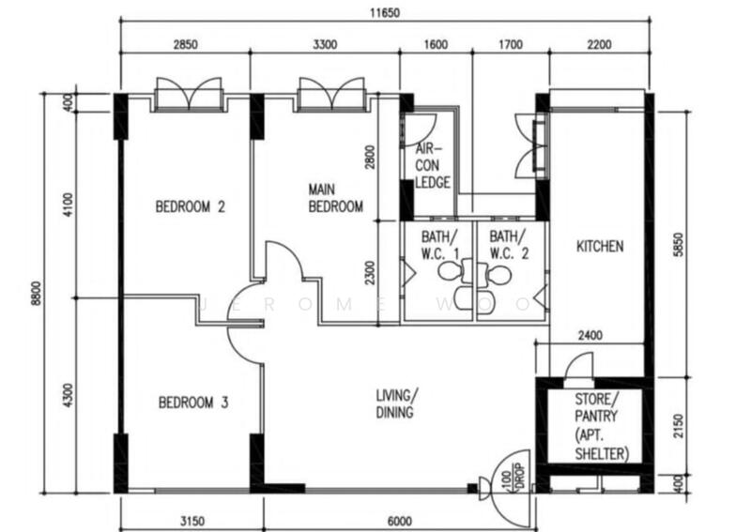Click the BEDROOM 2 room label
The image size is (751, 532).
coord(190,207)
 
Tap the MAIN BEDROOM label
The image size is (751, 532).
coord(335,199)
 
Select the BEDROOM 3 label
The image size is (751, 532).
coord(193,403)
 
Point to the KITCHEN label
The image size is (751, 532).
coord(599,247)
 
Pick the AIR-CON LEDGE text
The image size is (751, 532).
coord(433,166)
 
